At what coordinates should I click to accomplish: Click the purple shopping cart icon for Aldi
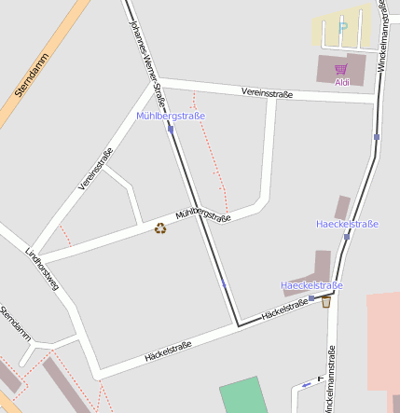pyautogui.click(x=341, y=69)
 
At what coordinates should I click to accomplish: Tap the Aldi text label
pyautogui.click(x=342, y=82)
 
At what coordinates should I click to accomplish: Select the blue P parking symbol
pyautogui.click(x=342, y=26)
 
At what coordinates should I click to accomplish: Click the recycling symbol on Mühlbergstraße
pyautogui.click(x=160, y=227)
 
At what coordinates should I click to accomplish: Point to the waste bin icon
pyautogui.click(x=326, y=301)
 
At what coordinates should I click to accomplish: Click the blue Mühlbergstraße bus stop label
pyautogui.click(x=171, y=116)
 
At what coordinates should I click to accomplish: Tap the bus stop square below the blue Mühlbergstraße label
pyautogui.click(x=171, y=130)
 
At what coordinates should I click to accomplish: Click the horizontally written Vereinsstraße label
pyautogui.click(x=267, y=94)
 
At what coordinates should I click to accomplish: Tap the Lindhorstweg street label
pyautogui.click(x=42, y=269)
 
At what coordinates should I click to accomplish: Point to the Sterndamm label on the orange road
pyautogui.click(x=32, y=76)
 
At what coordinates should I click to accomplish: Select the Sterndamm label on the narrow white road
pyautogui.click(x=15, y=323)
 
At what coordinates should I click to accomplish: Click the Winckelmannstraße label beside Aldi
pyautogui.click(x=382, y=37)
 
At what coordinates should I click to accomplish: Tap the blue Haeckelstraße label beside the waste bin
pyautogui.click(x=311, y=285)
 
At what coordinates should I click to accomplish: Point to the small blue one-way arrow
pyautogui.click(x=307, y=385)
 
